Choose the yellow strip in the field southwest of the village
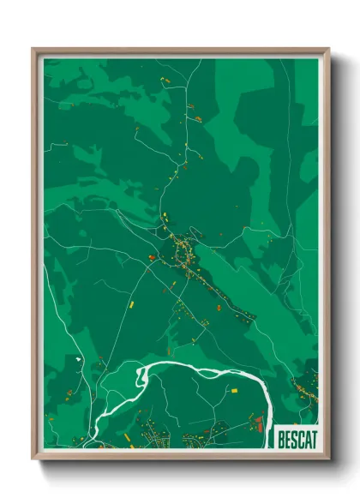click(131, 302)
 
